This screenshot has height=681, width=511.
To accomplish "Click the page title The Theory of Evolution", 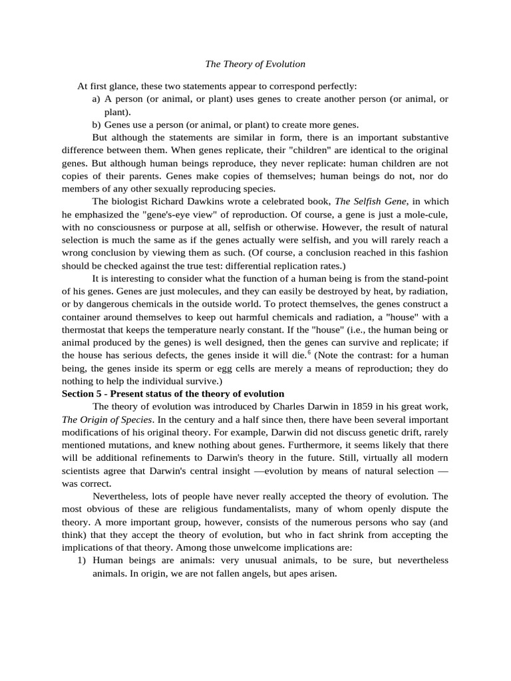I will tap(255, 64).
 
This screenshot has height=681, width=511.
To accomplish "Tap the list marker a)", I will tap(96, 99).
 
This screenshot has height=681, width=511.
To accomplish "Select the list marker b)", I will tap(96, 124).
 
